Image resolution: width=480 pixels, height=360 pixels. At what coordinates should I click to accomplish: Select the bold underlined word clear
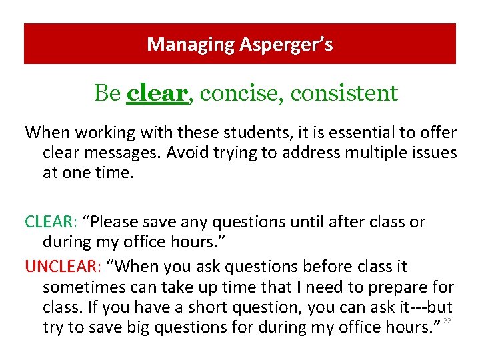157,93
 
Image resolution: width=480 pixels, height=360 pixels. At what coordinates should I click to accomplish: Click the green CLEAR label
50,222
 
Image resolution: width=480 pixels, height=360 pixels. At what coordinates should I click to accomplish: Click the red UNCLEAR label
60,267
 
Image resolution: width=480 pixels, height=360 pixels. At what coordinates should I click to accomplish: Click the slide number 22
447,321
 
